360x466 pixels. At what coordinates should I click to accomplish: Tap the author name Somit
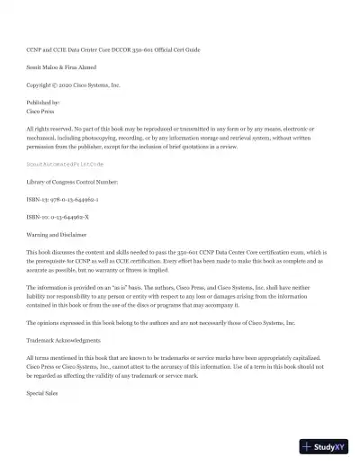(x=36, y=67)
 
